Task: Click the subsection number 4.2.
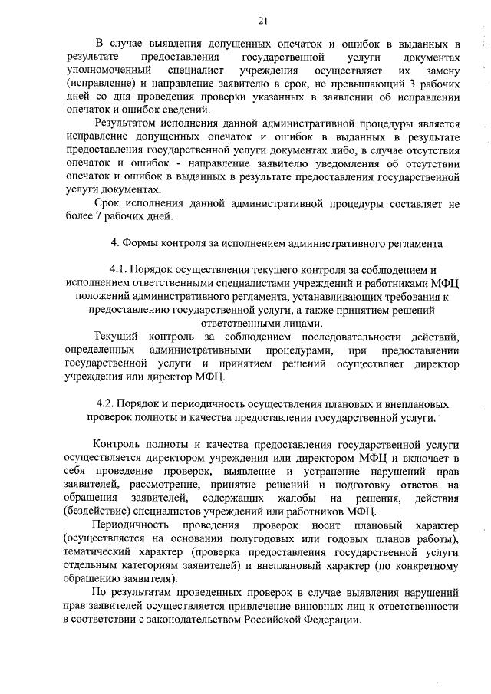click(x=107, y=403)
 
